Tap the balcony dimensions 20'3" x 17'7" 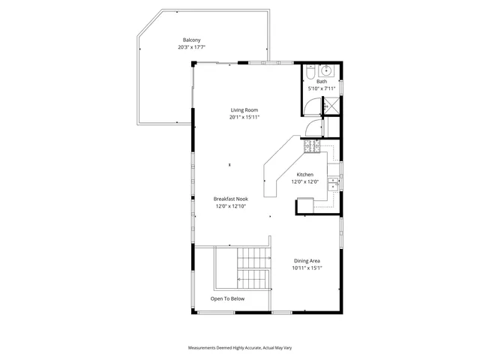(x=192, y=47)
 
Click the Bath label (x=322, y=82)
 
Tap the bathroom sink (x=327, y=71)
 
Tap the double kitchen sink (x=334, y=183)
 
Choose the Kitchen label (x=304, y=174)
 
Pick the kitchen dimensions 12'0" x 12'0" (x=304, y=181)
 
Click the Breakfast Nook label (x=231, y=199)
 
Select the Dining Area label (x=307, y=260)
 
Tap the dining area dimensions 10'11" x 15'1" (x=307, y=268)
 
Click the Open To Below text (x=228, y=298)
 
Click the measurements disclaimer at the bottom (x=240, y=349)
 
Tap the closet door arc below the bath (x=314, y=129)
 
